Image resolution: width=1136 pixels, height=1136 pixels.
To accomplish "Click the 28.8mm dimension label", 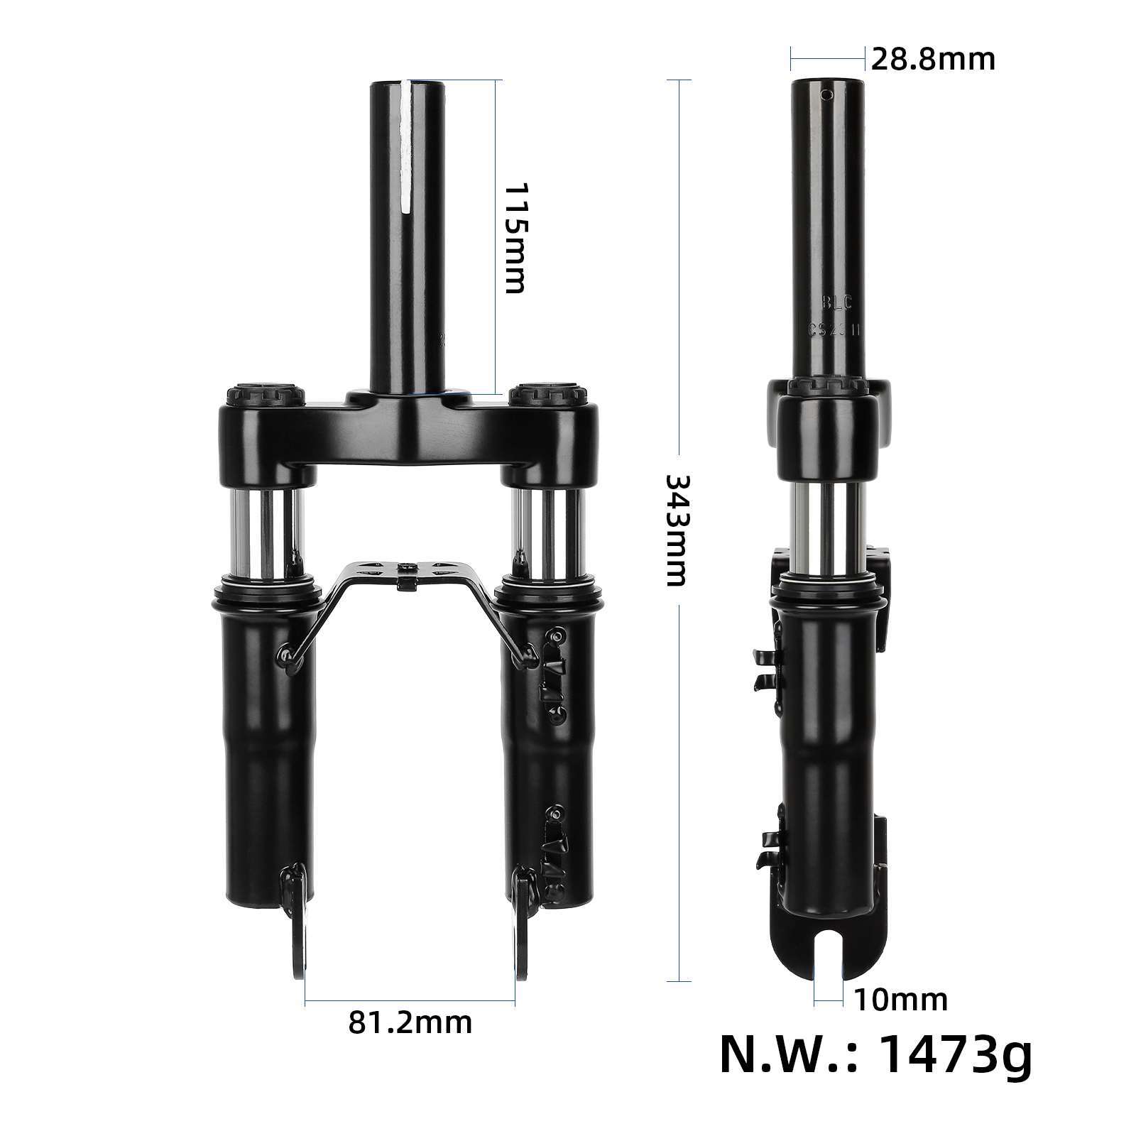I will tap(933, 60).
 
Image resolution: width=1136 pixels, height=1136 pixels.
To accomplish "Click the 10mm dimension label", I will tap(901, 1000).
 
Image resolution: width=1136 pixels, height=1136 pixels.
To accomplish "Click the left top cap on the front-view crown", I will tap(265, 393).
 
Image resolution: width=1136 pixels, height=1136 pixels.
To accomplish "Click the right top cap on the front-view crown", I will tap(547, 393).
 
